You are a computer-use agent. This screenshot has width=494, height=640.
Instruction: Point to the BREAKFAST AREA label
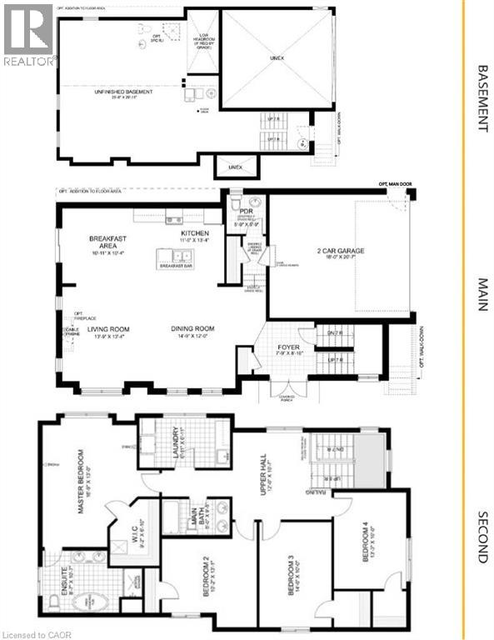(x=107, y=242)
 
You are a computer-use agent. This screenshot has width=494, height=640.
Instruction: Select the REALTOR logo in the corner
(x=29, y=33)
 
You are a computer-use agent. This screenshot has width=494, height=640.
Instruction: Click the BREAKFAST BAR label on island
(x=178, y=266)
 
